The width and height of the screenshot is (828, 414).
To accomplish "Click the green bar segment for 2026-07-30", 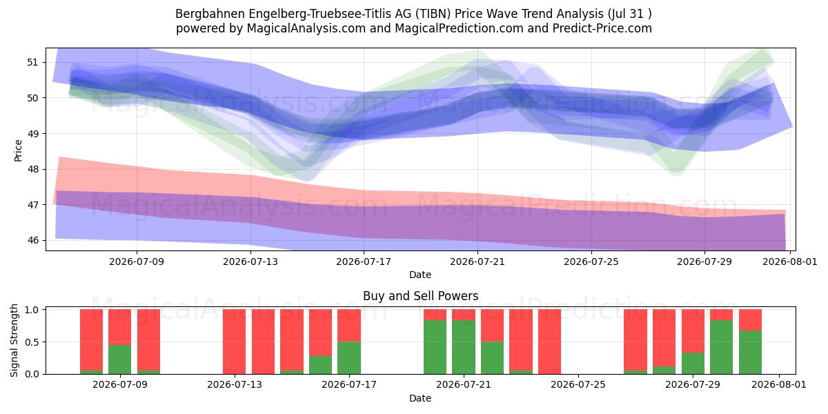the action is point(721,347).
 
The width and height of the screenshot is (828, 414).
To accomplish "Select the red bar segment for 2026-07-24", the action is point(549,342).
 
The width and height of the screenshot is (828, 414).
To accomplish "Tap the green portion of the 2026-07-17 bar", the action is point(349,358).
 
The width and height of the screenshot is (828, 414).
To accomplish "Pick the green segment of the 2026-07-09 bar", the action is point(120,359).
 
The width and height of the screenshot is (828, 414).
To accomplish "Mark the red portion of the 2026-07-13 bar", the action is point(235,342).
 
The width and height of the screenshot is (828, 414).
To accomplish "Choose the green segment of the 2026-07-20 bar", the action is point(435,347).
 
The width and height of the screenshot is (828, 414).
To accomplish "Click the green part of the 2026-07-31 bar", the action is point(750,353).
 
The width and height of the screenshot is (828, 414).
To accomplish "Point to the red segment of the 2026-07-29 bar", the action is point(693,331).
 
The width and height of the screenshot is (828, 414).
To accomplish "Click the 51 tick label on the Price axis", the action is point(32,63).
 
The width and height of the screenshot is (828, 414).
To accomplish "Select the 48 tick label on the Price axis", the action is point(32,169).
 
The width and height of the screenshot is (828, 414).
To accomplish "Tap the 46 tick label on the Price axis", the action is point(32,240).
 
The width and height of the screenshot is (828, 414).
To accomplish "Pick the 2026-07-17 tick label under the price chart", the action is point(364,262).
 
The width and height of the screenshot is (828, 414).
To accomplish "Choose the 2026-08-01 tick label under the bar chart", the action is point(779,384).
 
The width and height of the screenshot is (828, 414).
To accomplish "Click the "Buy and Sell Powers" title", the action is point(421,296).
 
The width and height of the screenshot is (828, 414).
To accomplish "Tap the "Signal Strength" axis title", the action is point(14,340).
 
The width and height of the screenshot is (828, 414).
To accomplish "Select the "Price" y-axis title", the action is point(18,151).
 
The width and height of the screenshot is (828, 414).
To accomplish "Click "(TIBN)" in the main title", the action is point(433,14).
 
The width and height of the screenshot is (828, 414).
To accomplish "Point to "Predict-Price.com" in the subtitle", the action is point(602,28).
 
